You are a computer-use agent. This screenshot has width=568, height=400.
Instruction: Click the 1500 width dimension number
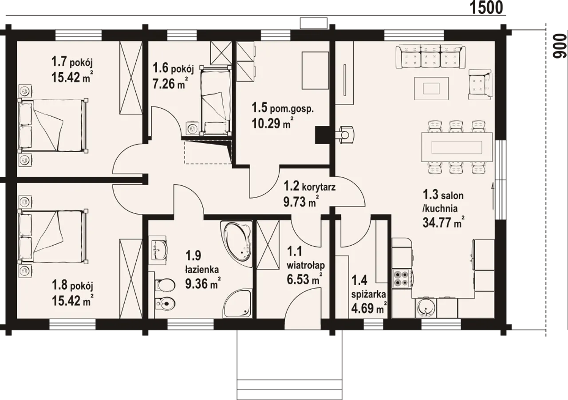(x=487, y=8)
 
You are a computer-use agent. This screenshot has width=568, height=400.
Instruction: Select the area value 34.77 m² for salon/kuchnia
(x=443, y=222)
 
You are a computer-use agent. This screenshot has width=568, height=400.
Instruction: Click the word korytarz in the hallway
(x=319, y=187)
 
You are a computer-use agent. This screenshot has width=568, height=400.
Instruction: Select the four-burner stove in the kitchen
(x=402, y=278)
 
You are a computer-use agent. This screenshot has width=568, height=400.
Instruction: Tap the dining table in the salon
(x=457, y=147)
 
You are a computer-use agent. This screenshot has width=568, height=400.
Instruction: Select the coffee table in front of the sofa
(x=431, y=88)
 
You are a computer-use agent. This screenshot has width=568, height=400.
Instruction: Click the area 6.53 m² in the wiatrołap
(x=304, y=279)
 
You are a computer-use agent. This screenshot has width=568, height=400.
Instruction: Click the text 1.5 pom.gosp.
(x=283, y=108)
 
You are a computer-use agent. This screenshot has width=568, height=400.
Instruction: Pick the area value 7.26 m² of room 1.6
(x=170, y=83)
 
